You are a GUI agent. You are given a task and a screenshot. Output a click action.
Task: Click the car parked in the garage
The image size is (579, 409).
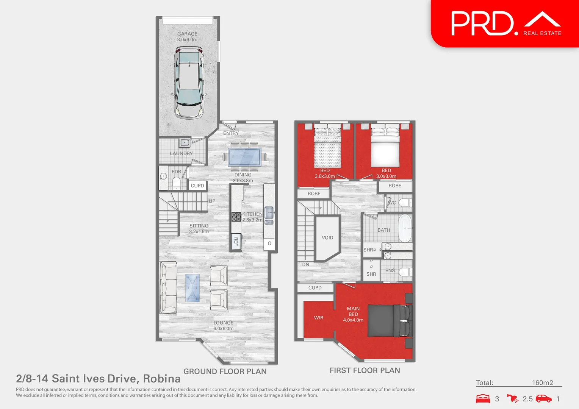click(x=188, y=82)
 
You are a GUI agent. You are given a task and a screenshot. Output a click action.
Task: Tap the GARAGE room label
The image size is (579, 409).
click(x=187, y=34)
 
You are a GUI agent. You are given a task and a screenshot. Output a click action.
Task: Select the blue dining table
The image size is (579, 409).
click(x=244, y=157)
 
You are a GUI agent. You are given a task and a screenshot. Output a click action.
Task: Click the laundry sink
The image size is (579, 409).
click(x=185, y=143)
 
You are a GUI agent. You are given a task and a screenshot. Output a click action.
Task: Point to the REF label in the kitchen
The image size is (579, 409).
click(x=236, y=241)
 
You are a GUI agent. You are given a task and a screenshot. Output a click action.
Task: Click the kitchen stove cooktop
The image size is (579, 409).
click(x=236, y=217)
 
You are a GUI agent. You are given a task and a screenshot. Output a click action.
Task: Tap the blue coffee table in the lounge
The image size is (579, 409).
click(x=192, y=288)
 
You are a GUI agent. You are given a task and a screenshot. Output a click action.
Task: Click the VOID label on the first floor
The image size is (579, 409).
click(x=327, y=238)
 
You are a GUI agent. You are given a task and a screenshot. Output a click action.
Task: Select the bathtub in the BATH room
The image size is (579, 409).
click(x=405, y=228)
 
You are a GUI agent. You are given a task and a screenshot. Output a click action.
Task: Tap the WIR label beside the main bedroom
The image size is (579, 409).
click(x=319, y=318)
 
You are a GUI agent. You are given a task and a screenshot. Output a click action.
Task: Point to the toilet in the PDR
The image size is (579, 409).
click(x=176, y=183)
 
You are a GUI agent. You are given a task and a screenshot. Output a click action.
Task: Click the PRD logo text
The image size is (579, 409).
click(x=482, y=23)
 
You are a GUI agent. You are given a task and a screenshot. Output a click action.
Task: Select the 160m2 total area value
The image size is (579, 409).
click(x=542, y=382)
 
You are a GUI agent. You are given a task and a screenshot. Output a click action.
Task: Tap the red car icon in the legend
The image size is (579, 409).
click(x=544, y=398)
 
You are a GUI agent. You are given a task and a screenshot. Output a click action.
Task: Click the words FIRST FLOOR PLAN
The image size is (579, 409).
click(x=365, y=370)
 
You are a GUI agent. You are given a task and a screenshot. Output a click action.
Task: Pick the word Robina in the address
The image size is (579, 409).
click(x=161, y=378)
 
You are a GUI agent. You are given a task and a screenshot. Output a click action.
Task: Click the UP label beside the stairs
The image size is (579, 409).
click(x=212, y=201)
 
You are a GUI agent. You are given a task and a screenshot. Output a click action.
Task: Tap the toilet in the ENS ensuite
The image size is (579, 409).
click(x=405, y=272)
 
